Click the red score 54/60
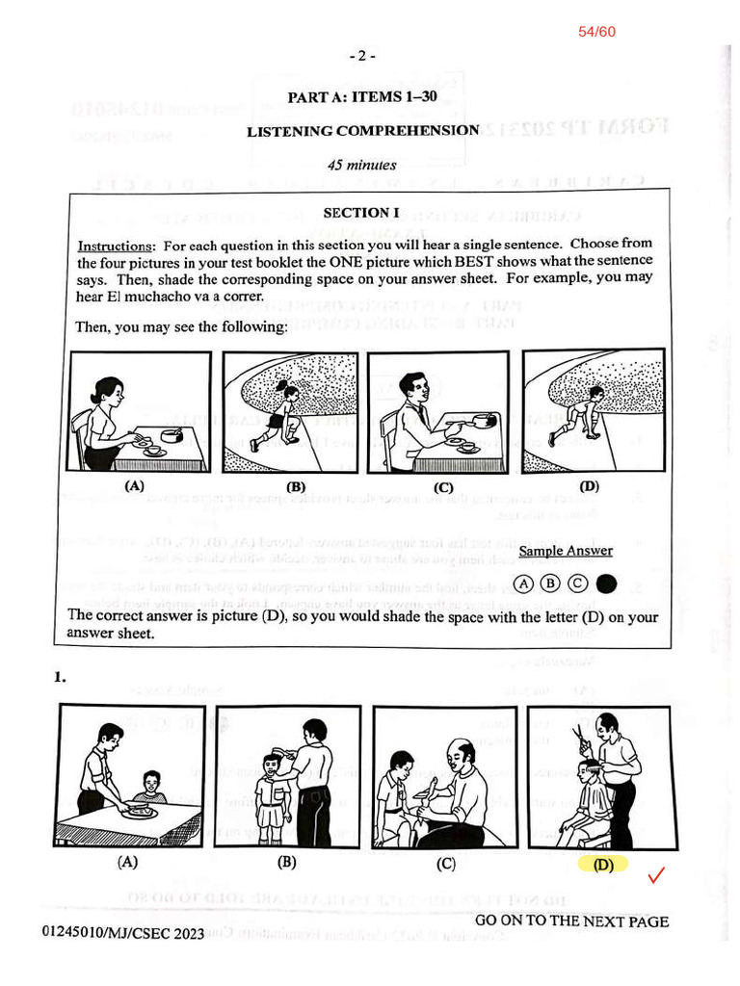pos(596,32)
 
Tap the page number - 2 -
pos(362,56)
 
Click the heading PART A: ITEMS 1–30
pos(369,96)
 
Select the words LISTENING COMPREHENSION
pos(362,131)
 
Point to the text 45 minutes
pos(361,165)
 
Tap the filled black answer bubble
pos(606,584)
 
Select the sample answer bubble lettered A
pos(523,584)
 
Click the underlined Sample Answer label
pos(566,551)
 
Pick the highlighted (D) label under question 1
pos(603,865)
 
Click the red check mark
pos(658,876)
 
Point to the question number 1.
pos(60,678)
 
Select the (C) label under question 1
pos(445,864)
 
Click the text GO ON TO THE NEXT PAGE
pos(571,921)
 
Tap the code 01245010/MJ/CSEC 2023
pos(123,933)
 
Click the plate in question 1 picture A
pos(141,812)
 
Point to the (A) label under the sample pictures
pos(135,486)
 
